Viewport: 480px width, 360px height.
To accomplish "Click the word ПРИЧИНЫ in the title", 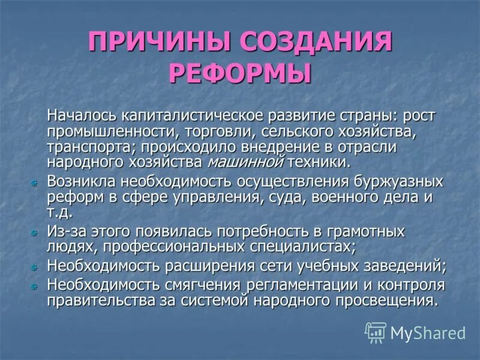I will [x=159, y=44].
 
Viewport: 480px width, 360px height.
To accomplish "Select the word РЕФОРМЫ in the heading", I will [x=240, y=74].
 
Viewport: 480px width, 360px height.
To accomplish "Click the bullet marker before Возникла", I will [x=34, y=182].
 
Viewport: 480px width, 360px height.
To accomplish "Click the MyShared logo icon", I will [x=375, y=332].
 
